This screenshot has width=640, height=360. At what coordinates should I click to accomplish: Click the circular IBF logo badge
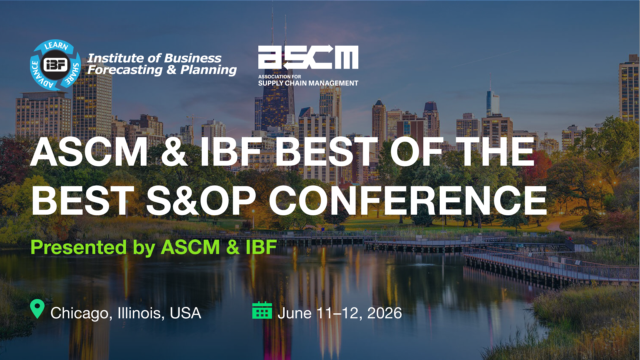point(55,65)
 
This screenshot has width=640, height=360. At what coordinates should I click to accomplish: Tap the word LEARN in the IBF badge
point(56,46)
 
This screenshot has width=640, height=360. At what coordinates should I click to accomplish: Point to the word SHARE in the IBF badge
point(73,73)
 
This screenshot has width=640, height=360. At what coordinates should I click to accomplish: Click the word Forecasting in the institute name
point(125,70)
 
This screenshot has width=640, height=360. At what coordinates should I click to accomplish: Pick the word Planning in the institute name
point(209,70)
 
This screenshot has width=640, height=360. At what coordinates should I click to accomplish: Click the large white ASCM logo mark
point(308,57)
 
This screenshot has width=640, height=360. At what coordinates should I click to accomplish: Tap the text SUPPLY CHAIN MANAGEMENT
point(308,83)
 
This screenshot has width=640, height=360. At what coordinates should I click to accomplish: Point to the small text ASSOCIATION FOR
point(280,77)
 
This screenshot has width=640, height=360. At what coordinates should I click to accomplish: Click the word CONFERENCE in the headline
point(408,201)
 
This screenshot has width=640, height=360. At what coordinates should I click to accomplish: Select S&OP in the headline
point(201,201)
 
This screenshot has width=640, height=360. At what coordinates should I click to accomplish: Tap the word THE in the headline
point(495,152)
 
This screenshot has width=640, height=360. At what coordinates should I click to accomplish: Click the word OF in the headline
point(417,152)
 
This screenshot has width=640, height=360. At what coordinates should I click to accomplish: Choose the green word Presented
point(79,247)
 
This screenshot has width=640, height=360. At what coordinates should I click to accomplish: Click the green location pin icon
point(37,309)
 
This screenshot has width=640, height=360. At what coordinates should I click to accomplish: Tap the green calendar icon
point(262,310)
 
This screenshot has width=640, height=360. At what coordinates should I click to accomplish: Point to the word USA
point(185,313)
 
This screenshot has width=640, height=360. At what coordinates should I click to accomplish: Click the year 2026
point(385,313)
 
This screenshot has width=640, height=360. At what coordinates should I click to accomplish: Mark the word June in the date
point(295,313)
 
